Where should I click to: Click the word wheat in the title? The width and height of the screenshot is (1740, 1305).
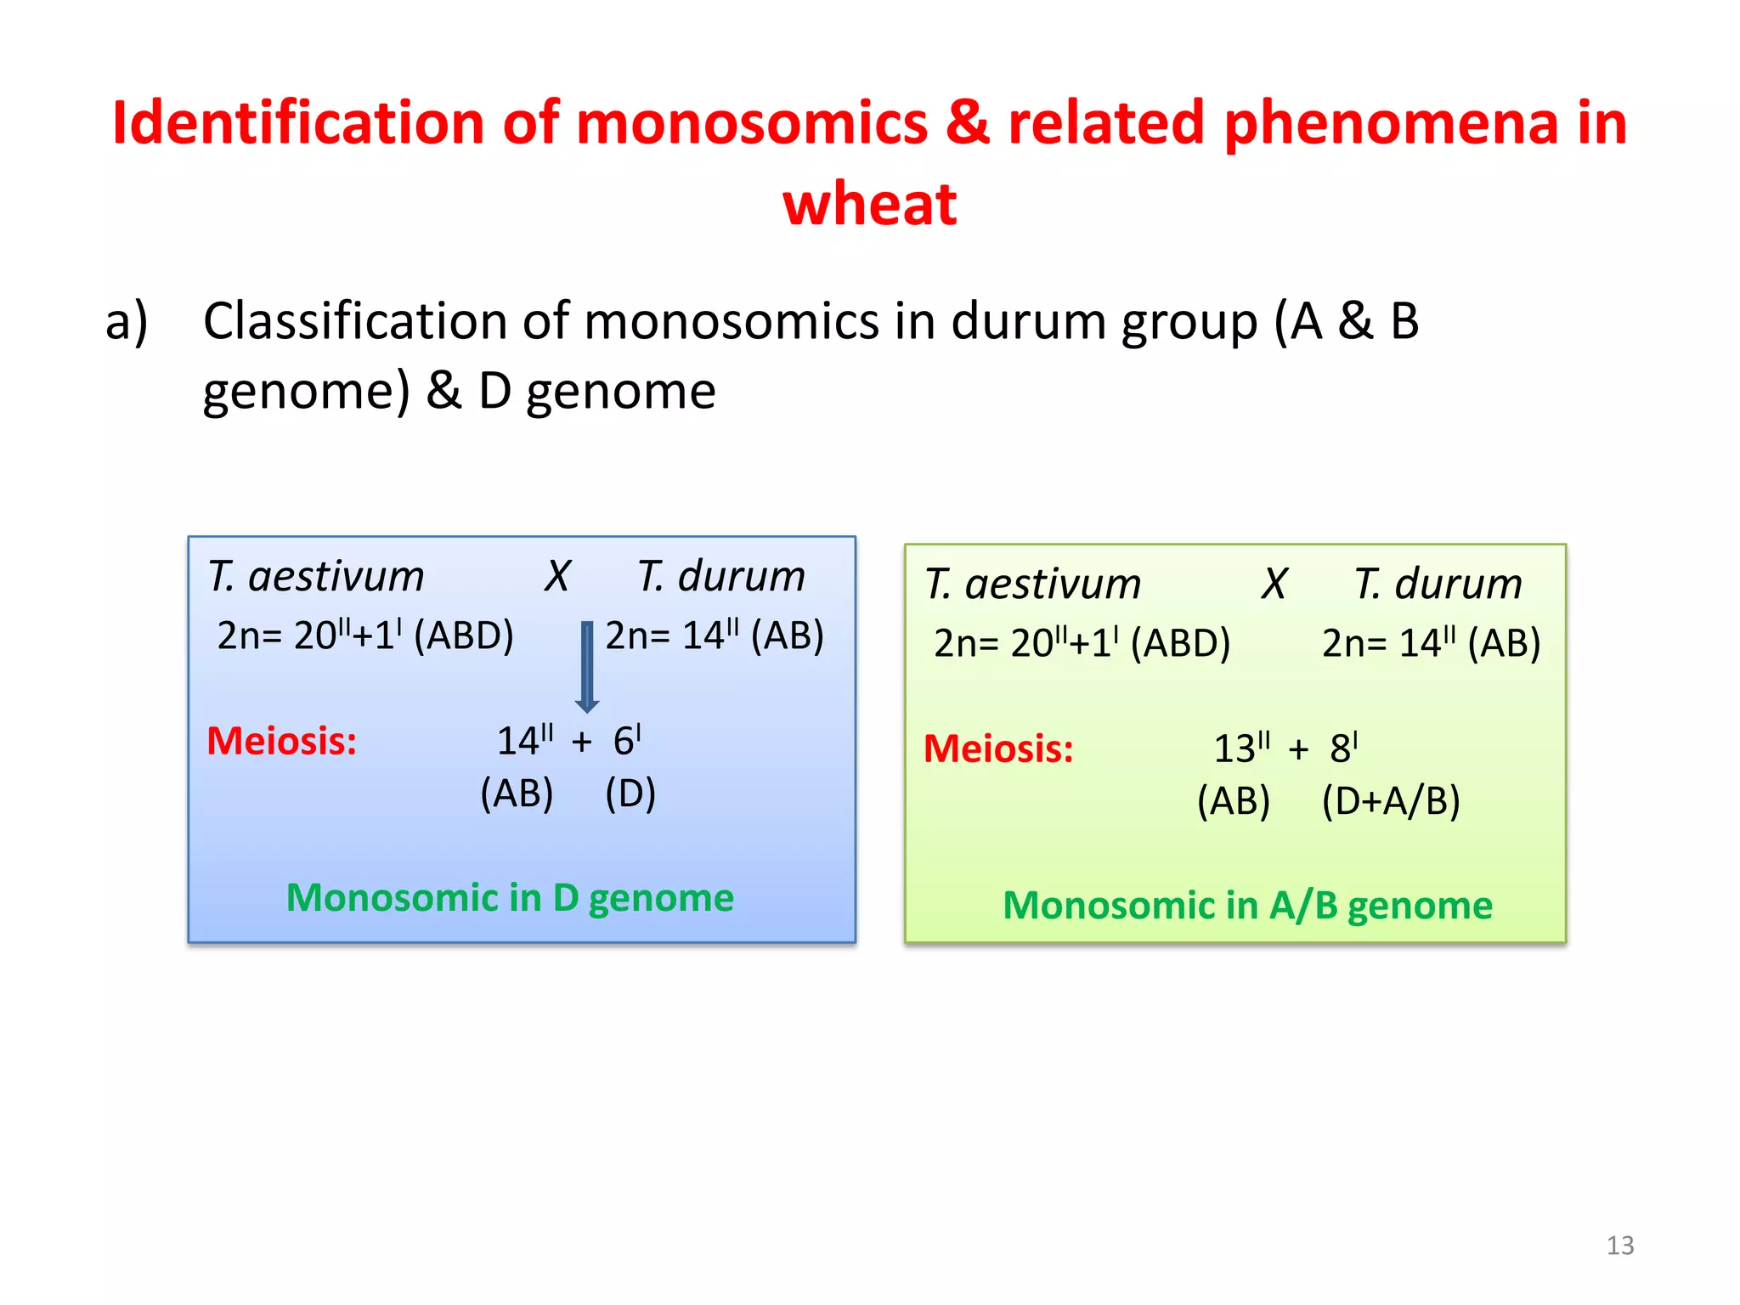[x=869, y=205]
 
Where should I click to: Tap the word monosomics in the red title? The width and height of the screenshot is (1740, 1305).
[x=752, y=123]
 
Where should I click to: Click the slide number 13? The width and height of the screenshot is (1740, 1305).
[x=1619, y=1246]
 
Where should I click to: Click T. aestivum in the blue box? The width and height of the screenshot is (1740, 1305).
[x=316, y=577]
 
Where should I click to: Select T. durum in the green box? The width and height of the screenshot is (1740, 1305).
[x=1438, y=585]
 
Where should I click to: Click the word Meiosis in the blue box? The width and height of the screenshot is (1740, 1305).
[x=282, y=741]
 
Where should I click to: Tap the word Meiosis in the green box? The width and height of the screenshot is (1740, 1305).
[x=998, y=749]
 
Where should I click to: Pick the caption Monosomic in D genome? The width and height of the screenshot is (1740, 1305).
[x=510, y=898]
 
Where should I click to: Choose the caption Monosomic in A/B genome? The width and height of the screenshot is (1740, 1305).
[x=1247, y=906]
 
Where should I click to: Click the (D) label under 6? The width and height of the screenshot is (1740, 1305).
[x=630, y=794]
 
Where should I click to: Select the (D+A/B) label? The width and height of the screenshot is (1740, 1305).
[x=1391, y=801]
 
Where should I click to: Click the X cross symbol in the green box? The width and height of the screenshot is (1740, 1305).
[x=1274, y=585]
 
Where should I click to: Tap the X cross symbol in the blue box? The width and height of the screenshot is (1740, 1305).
[x=557, y=577]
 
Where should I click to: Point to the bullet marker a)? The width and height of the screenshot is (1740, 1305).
[x=127, y=322]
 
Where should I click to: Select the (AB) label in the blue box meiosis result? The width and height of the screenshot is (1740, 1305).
[x=517, y=794]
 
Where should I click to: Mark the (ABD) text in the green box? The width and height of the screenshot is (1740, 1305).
[x=1180, y=643]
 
